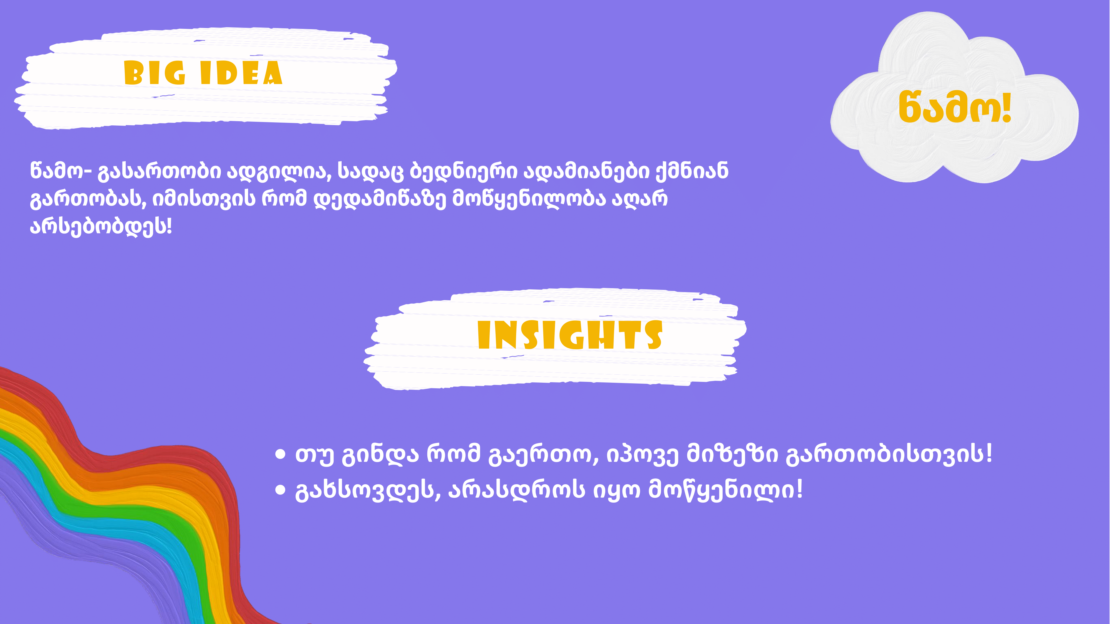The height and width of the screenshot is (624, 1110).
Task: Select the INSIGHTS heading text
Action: (x=570, y=335)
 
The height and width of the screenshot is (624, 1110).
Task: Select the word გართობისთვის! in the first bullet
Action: (x=889, y=455)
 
